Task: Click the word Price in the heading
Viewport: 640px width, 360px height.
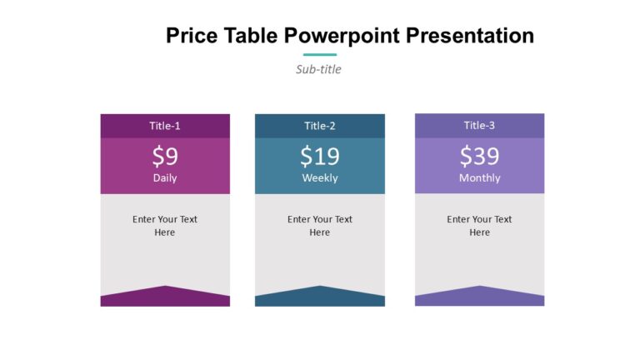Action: click(192, 36)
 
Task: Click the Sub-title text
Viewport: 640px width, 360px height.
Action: click(318, 69)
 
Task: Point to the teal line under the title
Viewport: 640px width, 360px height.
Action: click(319, 55)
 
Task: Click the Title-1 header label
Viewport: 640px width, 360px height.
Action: click(165, 126)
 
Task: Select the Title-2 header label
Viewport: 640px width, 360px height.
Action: click(320, 126)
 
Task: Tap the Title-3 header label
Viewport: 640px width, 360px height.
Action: click(479, 126)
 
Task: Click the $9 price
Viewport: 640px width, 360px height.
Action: click(165, 156)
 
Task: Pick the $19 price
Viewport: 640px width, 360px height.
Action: click(320, 156)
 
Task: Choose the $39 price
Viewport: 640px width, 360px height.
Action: click(479, 156)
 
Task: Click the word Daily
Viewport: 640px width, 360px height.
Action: click(165, 177)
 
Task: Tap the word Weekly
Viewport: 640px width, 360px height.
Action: click(320, 177)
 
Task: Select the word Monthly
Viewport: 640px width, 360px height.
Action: click(479, 177)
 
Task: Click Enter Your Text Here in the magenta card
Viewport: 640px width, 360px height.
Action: click(165, 226)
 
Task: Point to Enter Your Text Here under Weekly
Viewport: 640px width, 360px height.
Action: click(320, 226)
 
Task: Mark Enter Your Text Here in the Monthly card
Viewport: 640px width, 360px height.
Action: click(479, 226)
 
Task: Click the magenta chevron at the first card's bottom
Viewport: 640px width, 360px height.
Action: click(165, 297)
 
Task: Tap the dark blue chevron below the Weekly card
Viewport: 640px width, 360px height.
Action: click(320, 297)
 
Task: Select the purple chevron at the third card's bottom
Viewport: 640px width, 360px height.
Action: click(479, 297)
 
